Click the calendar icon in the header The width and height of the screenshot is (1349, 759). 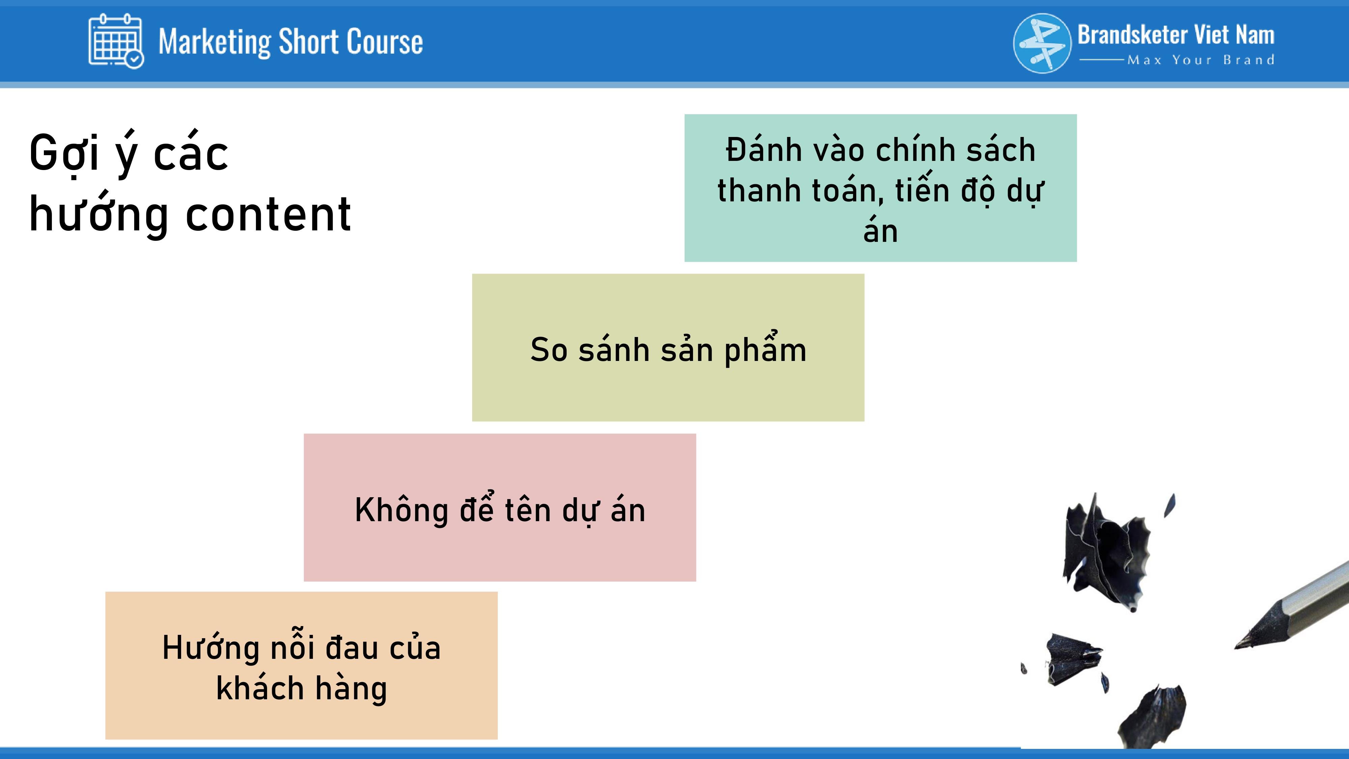click(x=116, y=41)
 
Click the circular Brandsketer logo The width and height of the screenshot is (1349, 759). click(x=1042, y=43)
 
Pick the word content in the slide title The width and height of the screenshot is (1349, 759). click(x=268, y=214)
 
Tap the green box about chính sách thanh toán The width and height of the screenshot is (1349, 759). click(x=880, y=188)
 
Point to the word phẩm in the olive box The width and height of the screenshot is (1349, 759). click(x=765, y=350)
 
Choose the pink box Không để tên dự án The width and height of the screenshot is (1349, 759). click(x=499, y=507)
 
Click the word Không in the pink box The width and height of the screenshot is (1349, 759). click(x=401, y=510)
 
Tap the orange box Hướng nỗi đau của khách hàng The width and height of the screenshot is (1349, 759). click(x=301, y=666)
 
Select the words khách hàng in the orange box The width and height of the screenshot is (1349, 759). click(x=302, y=688)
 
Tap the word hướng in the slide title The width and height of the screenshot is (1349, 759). click(x=98, y=214)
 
